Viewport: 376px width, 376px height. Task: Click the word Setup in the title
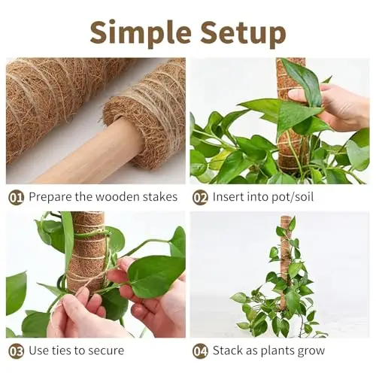[x=243, y=34]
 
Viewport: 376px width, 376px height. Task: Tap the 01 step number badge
[x=16, y=198]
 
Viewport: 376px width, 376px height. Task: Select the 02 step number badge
[x=200, y=198]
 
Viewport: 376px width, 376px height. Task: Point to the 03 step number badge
[x=16, y=351]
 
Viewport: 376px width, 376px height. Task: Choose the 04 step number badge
[x=200, y=351]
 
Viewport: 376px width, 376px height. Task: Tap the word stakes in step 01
[x=160, y=197]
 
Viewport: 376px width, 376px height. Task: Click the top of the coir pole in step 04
[x=285, y=217]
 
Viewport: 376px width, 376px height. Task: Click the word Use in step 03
[x=38, y=350]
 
